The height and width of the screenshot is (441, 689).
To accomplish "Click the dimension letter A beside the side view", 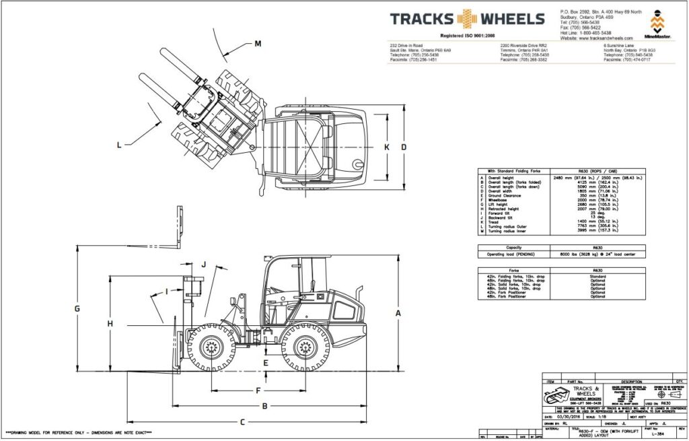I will pyautogui.click(x=398, y=313).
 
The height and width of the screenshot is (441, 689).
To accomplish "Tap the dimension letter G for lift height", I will pyautogui.click(x=77, y=308).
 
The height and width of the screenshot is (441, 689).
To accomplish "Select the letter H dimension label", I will pyautogui.click(x=110, y=324).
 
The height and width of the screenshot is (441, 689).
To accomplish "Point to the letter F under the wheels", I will pyautogui.click(x=258, y=391).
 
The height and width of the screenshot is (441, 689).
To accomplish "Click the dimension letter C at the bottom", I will pyautogui.click(x=242, y=422).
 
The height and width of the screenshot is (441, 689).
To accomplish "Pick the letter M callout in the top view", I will pyautogui.click(x=258, y=44).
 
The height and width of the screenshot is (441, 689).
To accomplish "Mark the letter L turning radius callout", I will pyautogui.click(x=119, y=144).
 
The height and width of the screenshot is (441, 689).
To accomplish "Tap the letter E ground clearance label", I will pyautogui.click(x=266, y=364).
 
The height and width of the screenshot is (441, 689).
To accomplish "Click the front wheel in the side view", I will pyautogui.click(x=213, y=348).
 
